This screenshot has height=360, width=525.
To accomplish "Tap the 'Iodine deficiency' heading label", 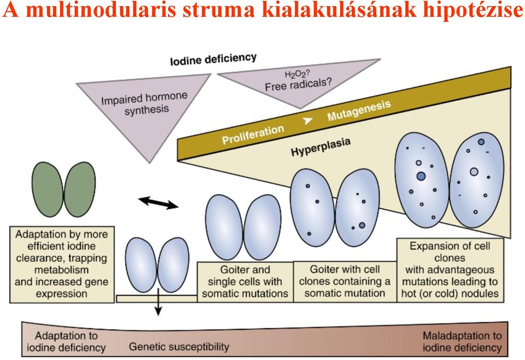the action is point(213,59).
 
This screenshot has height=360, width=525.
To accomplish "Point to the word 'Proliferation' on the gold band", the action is point(253,134).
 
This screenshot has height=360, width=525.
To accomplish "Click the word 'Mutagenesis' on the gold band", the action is point(359,111).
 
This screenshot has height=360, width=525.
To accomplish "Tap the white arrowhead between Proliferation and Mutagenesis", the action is point(308,120).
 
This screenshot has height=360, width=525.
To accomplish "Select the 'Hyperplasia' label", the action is point(321,147).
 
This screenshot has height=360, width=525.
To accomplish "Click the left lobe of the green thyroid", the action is point(48,189).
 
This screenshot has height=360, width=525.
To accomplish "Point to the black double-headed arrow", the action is point(158,203).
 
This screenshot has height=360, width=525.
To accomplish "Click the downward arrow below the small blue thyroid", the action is point(159,301).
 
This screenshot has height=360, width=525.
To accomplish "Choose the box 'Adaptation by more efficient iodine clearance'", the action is point(62,265).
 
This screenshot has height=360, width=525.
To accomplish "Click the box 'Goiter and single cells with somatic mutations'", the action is point(245,282).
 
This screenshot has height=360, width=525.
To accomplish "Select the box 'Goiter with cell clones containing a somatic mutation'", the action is point(345,282).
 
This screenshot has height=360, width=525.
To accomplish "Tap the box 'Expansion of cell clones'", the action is point(450,270).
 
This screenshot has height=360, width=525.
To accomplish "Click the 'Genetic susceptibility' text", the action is point(179,347).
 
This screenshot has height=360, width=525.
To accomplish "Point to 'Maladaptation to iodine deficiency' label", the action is point(462,341).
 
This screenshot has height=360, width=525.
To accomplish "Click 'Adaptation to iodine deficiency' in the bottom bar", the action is point(66,341).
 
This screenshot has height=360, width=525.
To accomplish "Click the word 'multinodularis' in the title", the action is point(101,10).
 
